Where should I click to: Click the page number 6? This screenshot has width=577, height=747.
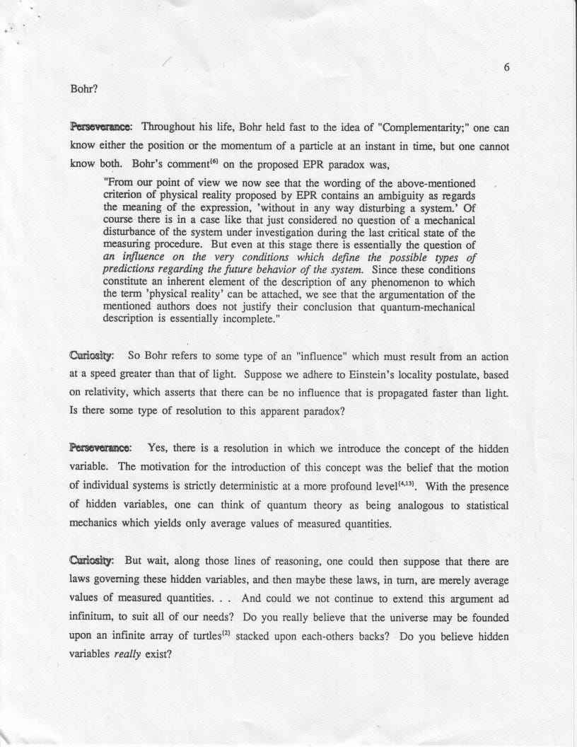click(507, 68)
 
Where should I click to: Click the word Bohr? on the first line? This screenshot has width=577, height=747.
click(83, 90)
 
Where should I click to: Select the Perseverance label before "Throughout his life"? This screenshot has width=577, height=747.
click(99, 127)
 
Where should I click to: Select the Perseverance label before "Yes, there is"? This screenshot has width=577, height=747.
click(99, 448)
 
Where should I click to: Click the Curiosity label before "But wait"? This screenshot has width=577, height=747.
click(93, 560)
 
